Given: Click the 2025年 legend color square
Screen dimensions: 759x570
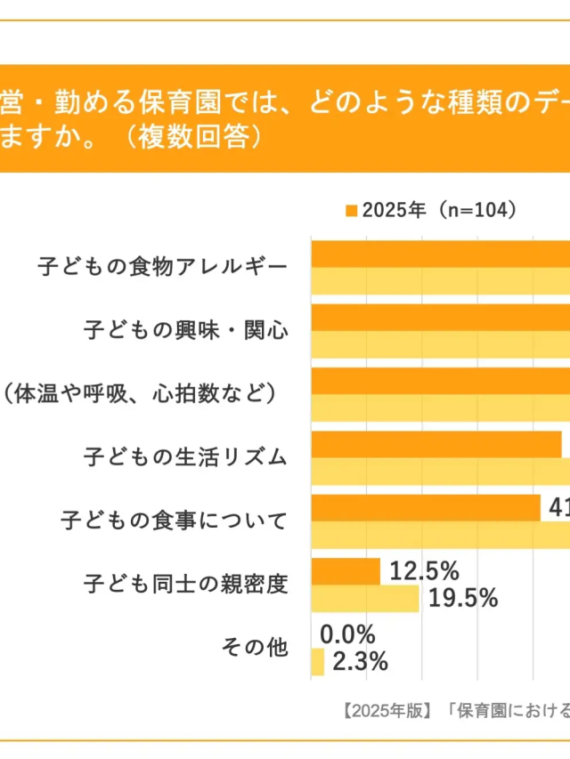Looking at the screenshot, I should pos(351,211).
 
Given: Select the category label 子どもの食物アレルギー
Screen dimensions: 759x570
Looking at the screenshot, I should pos(164,266).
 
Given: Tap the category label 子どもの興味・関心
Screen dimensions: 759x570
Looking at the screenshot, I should pos(186,330).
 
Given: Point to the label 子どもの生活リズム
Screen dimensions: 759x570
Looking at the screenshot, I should pos(186,457).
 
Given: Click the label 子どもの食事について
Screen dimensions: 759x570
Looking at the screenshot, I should pos(175,521).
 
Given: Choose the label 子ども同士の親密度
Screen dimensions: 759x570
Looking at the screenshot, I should pos(186,585).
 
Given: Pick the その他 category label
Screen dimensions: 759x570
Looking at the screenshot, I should pos(255,648).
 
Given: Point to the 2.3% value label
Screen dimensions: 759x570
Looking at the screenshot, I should pos(360,662).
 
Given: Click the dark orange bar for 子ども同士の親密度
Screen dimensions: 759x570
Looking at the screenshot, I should pos(346,571).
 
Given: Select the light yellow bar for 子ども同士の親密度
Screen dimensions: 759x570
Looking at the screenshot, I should pos(365,598).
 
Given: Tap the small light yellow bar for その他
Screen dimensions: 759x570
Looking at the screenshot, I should pos(318,662).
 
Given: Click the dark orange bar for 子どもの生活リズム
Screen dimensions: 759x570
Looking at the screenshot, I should pos(436,444).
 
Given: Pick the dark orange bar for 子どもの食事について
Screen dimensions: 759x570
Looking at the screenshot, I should pos(426,507).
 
